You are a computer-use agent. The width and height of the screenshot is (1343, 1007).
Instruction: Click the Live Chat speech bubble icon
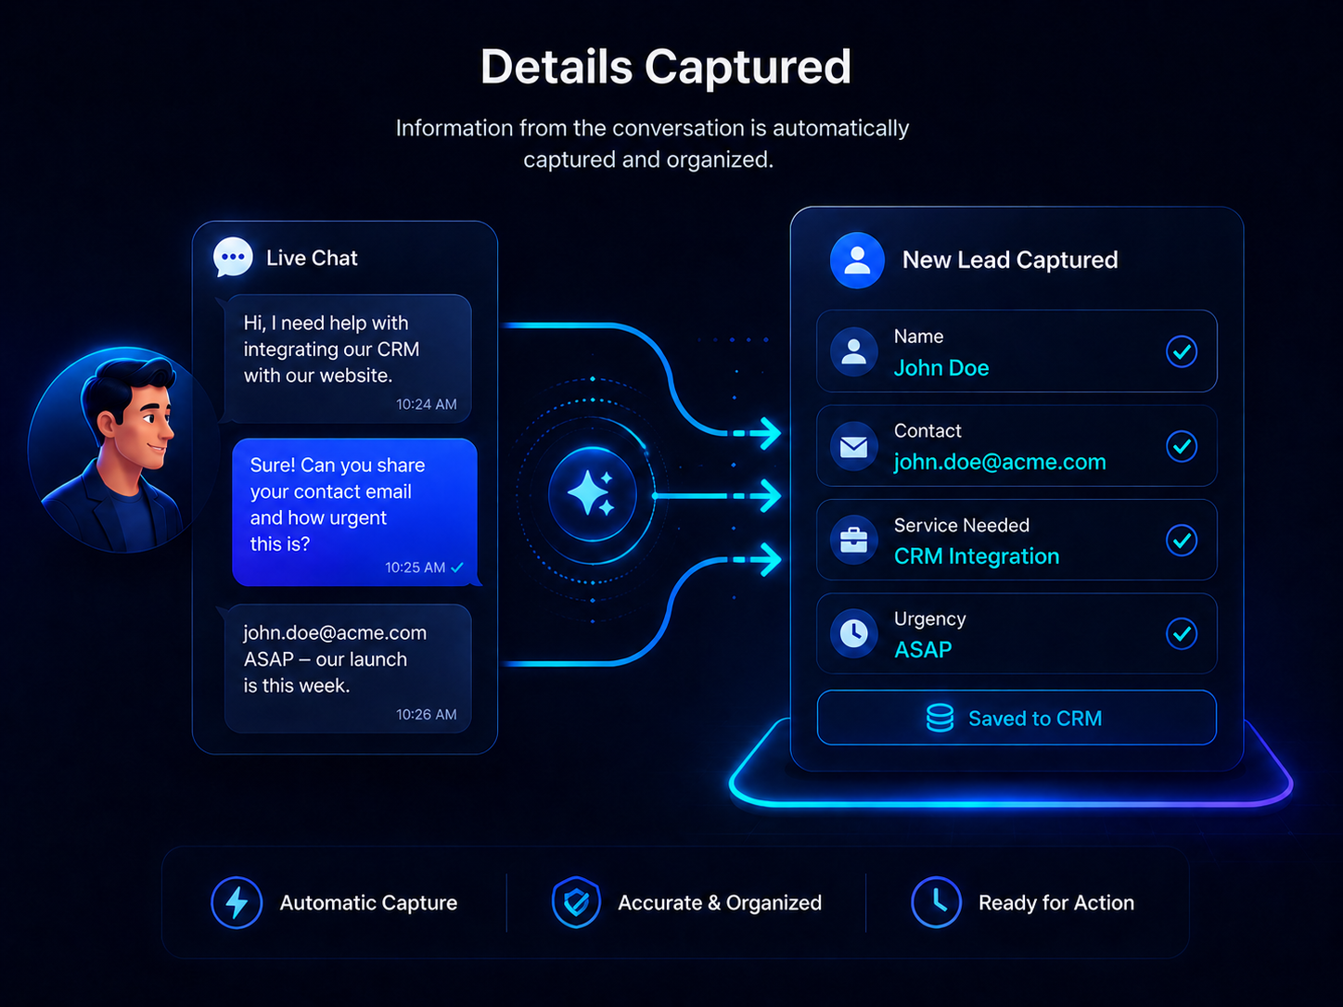[233, 257]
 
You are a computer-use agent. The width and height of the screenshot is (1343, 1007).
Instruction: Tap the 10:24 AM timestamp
[426, 404]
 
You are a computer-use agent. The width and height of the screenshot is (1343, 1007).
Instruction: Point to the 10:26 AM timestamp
[426, 714]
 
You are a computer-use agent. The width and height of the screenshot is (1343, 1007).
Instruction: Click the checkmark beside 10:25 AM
[457, 567]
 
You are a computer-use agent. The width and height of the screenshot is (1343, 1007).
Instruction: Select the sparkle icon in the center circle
[591, 492]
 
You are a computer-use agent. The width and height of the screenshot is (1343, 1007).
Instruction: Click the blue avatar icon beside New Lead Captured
[857, 260]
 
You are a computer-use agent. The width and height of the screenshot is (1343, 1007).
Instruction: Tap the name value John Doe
[941, 368]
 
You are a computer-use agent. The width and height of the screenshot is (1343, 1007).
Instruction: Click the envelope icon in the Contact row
[853, 447]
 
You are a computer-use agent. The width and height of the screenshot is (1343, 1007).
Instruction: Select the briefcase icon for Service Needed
[853, 541]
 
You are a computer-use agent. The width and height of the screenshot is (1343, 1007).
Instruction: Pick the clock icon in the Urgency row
[853, 633]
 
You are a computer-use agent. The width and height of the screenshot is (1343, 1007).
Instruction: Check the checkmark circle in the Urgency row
[1182, 633]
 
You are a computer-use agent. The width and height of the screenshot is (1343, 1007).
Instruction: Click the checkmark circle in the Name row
[1182, 351]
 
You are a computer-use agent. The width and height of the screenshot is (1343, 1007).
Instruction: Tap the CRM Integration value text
[977, 556]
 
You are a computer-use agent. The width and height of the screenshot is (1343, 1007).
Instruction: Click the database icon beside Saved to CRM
[940, 718]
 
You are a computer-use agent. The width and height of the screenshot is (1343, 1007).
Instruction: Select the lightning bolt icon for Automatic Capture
[237, 902]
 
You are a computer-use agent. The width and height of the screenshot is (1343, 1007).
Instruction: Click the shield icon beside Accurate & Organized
[576, 902]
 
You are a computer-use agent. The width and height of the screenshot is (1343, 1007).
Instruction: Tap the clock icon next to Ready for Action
[936, 902]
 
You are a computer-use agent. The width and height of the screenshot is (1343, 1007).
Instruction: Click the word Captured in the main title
[748, 68]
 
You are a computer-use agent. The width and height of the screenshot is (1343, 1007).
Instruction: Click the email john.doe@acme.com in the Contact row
[1000, 462]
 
